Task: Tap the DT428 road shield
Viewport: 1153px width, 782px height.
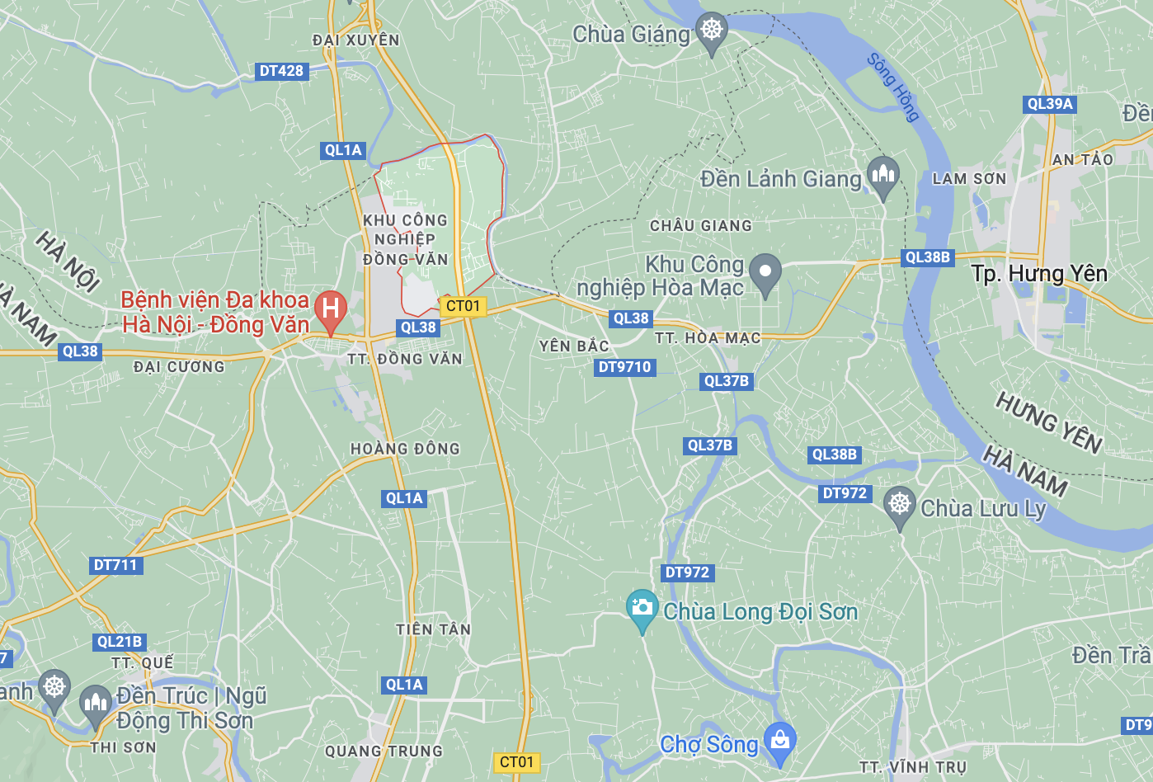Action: point(281,71)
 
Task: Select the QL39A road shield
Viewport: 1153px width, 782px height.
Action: point(1049,104)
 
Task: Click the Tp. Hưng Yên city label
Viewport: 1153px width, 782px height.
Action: point(1038,274)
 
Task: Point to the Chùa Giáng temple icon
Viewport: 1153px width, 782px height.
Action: point(712,31)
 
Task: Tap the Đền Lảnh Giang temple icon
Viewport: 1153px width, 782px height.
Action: point(882,175)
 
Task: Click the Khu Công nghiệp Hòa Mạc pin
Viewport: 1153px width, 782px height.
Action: point(765,271)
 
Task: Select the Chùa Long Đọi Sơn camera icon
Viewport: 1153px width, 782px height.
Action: point(642,609)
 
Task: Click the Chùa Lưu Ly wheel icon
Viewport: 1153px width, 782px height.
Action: point(899,503)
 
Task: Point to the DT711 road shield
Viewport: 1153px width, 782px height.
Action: point(115,565)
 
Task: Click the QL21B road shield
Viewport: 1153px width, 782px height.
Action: point(120,642)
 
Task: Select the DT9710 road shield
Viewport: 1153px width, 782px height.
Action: point(624,367)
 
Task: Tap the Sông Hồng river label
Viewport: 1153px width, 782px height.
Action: point(893,87)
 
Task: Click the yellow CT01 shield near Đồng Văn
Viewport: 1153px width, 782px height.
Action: point(463,306)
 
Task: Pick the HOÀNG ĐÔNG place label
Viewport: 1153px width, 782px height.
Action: point(405,449)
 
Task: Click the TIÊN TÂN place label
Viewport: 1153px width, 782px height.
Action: point(433,629)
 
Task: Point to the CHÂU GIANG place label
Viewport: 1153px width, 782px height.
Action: point(701,226)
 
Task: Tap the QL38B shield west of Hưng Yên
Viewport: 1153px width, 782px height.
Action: point(927,257)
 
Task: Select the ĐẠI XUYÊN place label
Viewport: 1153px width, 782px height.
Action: point(356,40)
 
